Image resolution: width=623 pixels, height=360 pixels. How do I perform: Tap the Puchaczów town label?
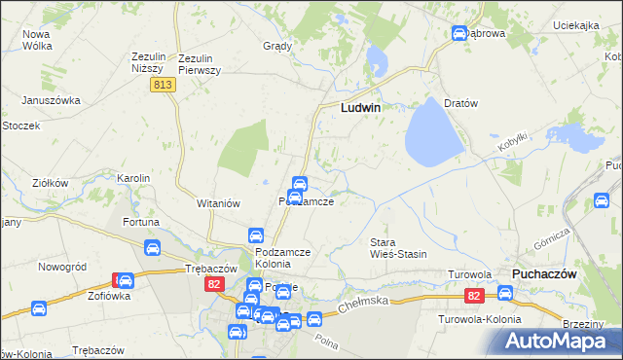point(544,274)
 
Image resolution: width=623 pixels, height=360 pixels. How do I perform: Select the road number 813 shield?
point(163,86)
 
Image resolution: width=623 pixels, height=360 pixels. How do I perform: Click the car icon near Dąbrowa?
point(458,34)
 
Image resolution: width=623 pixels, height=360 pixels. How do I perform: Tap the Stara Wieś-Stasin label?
point(399,247)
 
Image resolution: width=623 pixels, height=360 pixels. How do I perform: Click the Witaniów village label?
point(218,203)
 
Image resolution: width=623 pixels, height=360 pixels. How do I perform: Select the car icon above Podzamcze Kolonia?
point(255,235)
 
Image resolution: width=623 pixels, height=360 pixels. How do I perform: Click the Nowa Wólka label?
point(37,40)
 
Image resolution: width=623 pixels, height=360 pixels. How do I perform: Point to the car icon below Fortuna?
point(153,249)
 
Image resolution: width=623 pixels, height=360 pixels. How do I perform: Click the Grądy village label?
point(278,46)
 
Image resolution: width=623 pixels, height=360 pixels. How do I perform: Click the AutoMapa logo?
point(558,342)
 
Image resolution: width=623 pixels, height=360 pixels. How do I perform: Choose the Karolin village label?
point(133,178)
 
